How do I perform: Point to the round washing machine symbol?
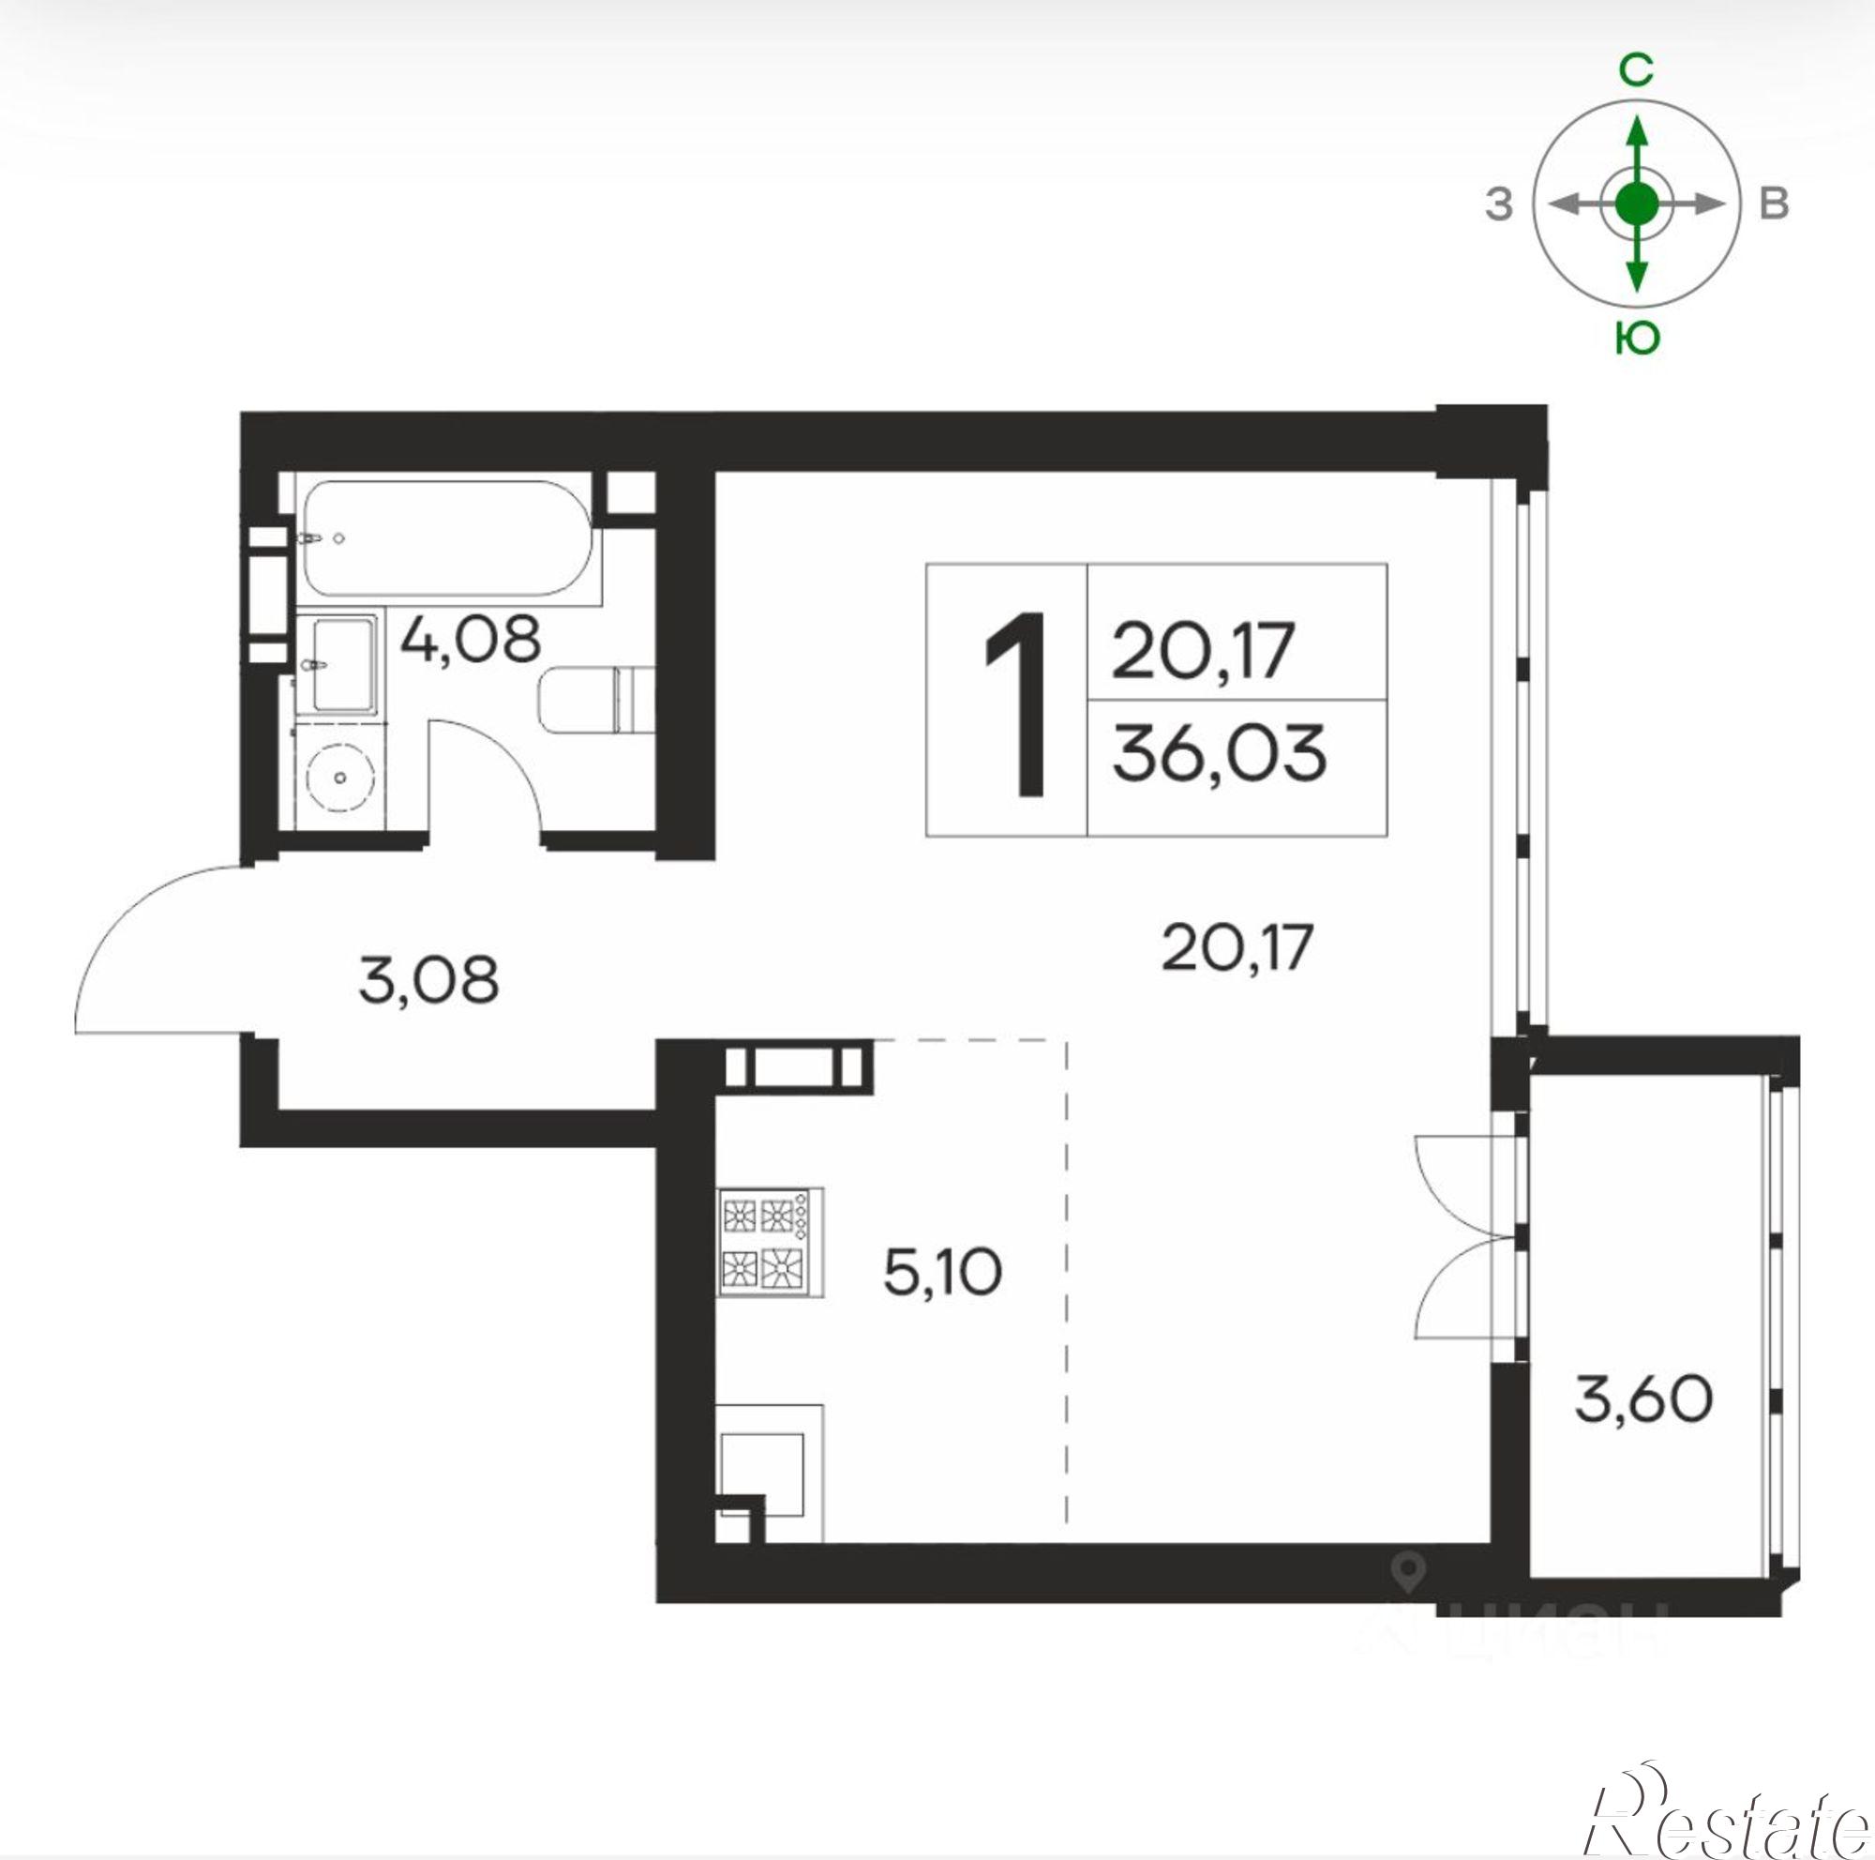tap(338, 778)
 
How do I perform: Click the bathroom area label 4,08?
tap(470, 640)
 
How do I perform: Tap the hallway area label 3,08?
tap(428, 979)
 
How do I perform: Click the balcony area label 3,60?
tap(1643, 1399)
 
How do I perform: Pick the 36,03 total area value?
tap(1219, 755)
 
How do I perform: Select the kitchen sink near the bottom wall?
tap(761, 1474)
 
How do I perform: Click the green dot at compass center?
tap(1637, 203)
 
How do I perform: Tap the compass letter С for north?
tap(1637, 70)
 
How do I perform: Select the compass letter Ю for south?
tap(1637, 339)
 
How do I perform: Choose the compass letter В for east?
tap(1773, 204)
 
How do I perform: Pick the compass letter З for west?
tap(1499, 204)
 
